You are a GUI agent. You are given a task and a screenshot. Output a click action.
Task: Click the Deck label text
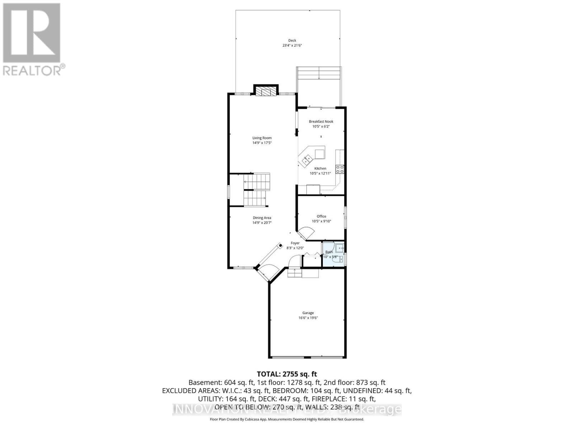click(292, 41)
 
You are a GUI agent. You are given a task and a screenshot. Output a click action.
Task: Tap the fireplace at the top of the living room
click(266, 92)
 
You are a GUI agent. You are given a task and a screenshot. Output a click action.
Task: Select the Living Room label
click(262, 138)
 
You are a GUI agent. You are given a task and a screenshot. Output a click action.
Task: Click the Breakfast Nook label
click(321, 122)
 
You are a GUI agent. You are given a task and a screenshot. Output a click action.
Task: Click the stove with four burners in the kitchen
click(340, 169)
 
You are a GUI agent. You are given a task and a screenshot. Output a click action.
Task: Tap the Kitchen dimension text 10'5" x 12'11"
click(320, 173)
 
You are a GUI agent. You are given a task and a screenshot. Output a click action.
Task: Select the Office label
click(321, 216)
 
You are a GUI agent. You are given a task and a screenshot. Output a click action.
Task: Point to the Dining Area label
click(262, 218)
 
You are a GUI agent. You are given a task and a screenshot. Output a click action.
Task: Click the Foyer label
click(295, 243)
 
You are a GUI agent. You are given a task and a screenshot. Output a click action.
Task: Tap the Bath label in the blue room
click(329, 252)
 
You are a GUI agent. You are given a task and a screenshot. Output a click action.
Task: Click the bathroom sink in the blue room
click(340, 247)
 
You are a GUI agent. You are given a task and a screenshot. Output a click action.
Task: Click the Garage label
click(308, 313)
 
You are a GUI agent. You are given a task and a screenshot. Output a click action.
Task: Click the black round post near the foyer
click(281, 245)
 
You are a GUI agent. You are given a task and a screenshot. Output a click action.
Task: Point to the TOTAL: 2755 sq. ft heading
click(287, 374)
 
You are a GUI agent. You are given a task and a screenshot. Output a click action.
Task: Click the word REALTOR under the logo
click(32, 70)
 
